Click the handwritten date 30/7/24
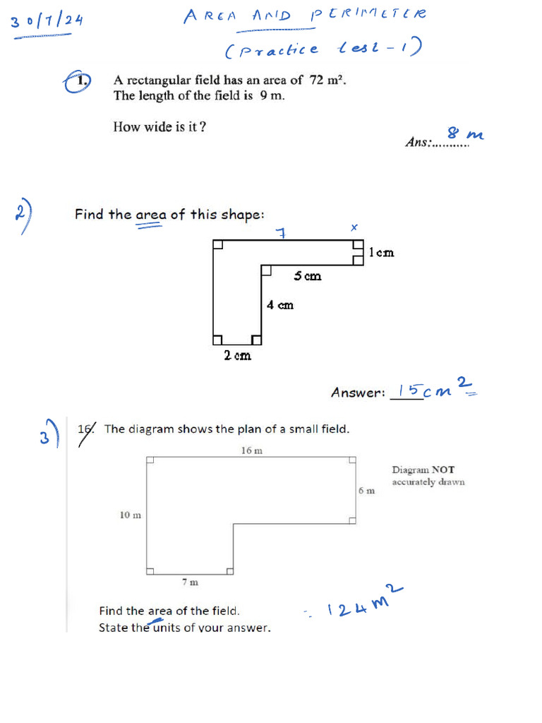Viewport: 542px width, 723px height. [47, 21]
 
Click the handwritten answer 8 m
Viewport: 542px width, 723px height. [464, 133]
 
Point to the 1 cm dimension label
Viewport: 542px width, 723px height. [382, 252]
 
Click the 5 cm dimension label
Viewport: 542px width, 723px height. [308, 276]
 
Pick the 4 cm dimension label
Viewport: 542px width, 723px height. [280, 305]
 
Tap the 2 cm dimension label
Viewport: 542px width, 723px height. [237, 356]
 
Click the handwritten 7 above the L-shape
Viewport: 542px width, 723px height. [280, 232]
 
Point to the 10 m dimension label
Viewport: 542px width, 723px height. [130, 515]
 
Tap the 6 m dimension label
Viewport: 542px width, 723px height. [366, 491]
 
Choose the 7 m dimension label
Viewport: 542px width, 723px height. [190, 582]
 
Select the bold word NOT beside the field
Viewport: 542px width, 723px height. [443, 470]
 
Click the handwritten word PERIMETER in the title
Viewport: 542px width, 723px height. [368, 15]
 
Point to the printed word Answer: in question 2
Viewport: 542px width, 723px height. [358, 393]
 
